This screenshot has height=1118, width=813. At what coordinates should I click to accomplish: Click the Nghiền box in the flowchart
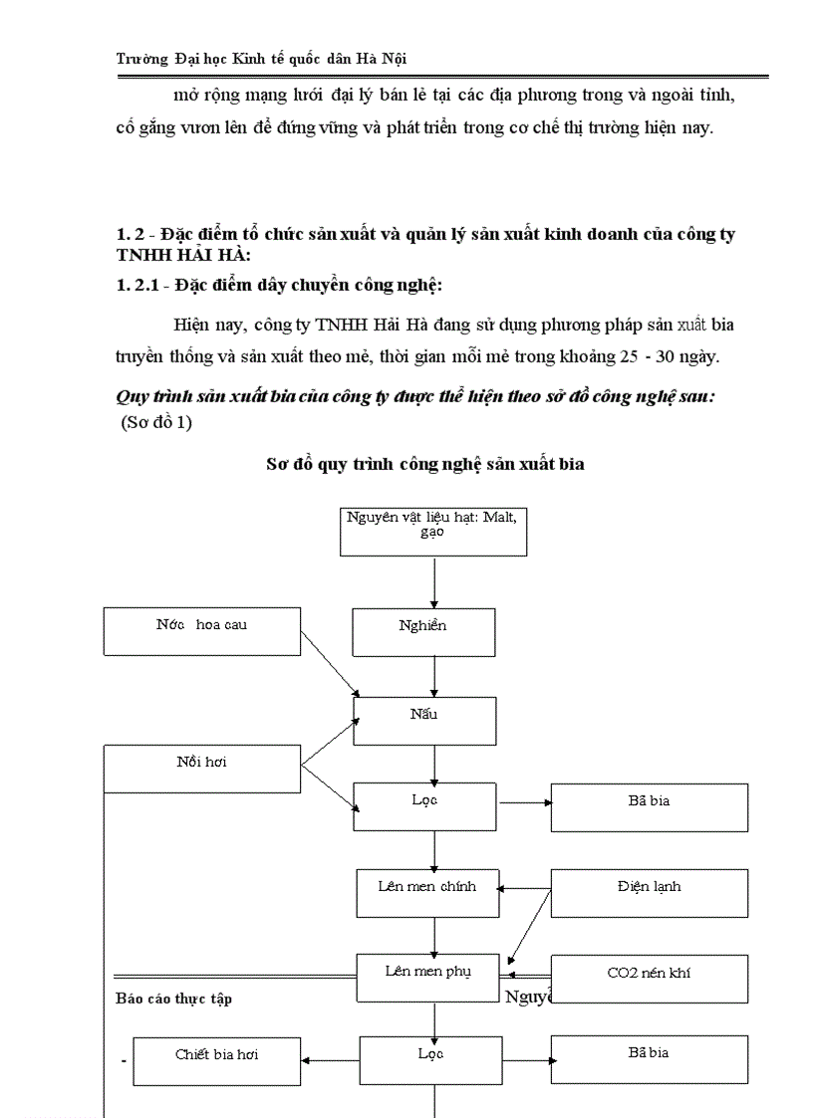[423, 632]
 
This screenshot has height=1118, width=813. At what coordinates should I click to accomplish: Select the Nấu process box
[424, 721]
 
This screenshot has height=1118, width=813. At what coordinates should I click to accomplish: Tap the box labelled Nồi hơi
[202, 770]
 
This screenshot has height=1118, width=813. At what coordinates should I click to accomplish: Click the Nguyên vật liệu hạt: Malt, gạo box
[432, 531]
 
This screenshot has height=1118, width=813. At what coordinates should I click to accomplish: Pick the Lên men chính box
[427, 893]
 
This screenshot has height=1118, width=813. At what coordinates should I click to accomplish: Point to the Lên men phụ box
[427, 978]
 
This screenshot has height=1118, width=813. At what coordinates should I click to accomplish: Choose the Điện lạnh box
[649, 893]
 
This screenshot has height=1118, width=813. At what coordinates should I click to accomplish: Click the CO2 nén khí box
[649, 978]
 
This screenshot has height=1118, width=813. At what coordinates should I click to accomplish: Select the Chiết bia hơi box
[216, 1061]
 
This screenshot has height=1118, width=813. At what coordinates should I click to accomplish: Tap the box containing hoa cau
[202, 631]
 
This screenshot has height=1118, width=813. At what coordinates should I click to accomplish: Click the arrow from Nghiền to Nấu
[434, 677]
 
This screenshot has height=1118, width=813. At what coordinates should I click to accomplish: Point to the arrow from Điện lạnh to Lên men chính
[525, 889]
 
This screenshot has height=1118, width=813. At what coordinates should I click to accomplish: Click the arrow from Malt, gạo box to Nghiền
[434, 582]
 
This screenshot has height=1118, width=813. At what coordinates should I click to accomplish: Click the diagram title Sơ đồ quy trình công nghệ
[425, 464]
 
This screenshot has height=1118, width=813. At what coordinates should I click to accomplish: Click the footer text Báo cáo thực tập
[173, 998]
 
